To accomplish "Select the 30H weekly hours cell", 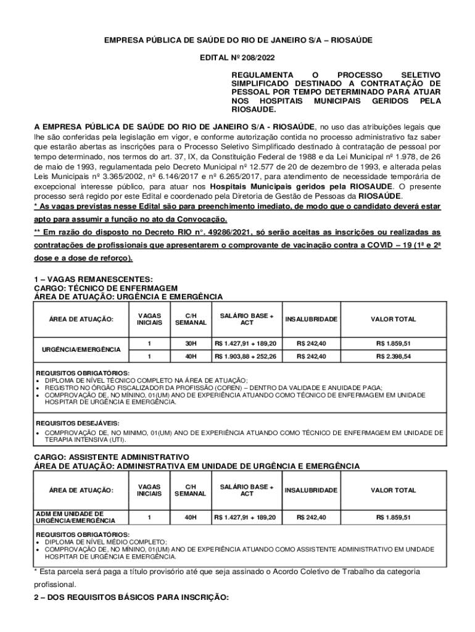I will [x=191, y=343].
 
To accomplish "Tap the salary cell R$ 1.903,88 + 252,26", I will [x=246, y=357].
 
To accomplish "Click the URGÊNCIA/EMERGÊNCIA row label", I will [x=81, y=349].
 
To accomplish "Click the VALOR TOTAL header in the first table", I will [x=393, y=320].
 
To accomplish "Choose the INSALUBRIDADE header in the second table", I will [x=311, y=491].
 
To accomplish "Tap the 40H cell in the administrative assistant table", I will [x=191, y=517].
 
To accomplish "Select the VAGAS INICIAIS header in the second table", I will [x=149, y=491].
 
